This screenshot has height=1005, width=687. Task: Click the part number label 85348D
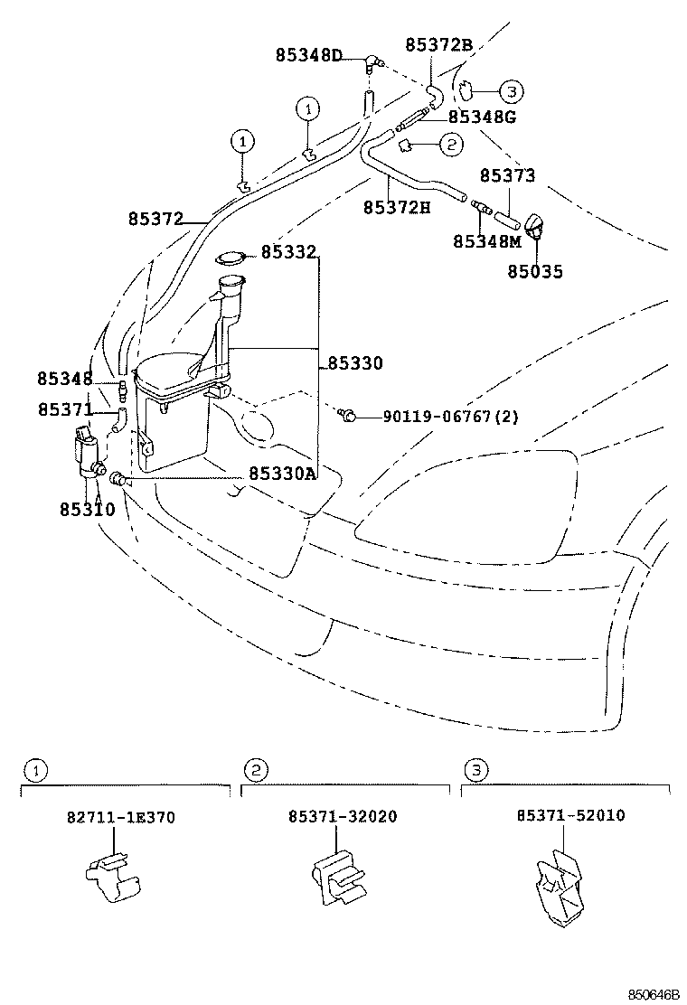tap(309, 55)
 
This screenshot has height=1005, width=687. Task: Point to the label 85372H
tap(397, 207)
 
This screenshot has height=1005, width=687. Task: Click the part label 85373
tap(507, 175)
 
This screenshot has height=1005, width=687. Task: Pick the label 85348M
tap(487, 241)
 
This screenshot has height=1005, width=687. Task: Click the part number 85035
tap(534, 271)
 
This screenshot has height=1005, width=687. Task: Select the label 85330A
tap(282, 474)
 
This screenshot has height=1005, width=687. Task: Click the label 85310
tap(87, 509)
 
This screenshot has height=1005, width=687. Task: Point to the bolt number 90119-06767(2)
tap(450, 417)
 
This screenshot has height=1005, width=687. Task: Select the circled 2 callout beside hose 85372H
tap(449, 143)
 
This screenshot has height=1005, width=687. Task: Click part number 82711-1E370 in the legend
tap(121, 817)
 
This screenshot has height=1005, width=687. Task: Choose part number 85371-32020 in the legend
tap(343, 817)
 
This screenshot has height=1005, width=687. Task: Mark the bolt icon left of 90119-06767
tap(346, 416)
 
